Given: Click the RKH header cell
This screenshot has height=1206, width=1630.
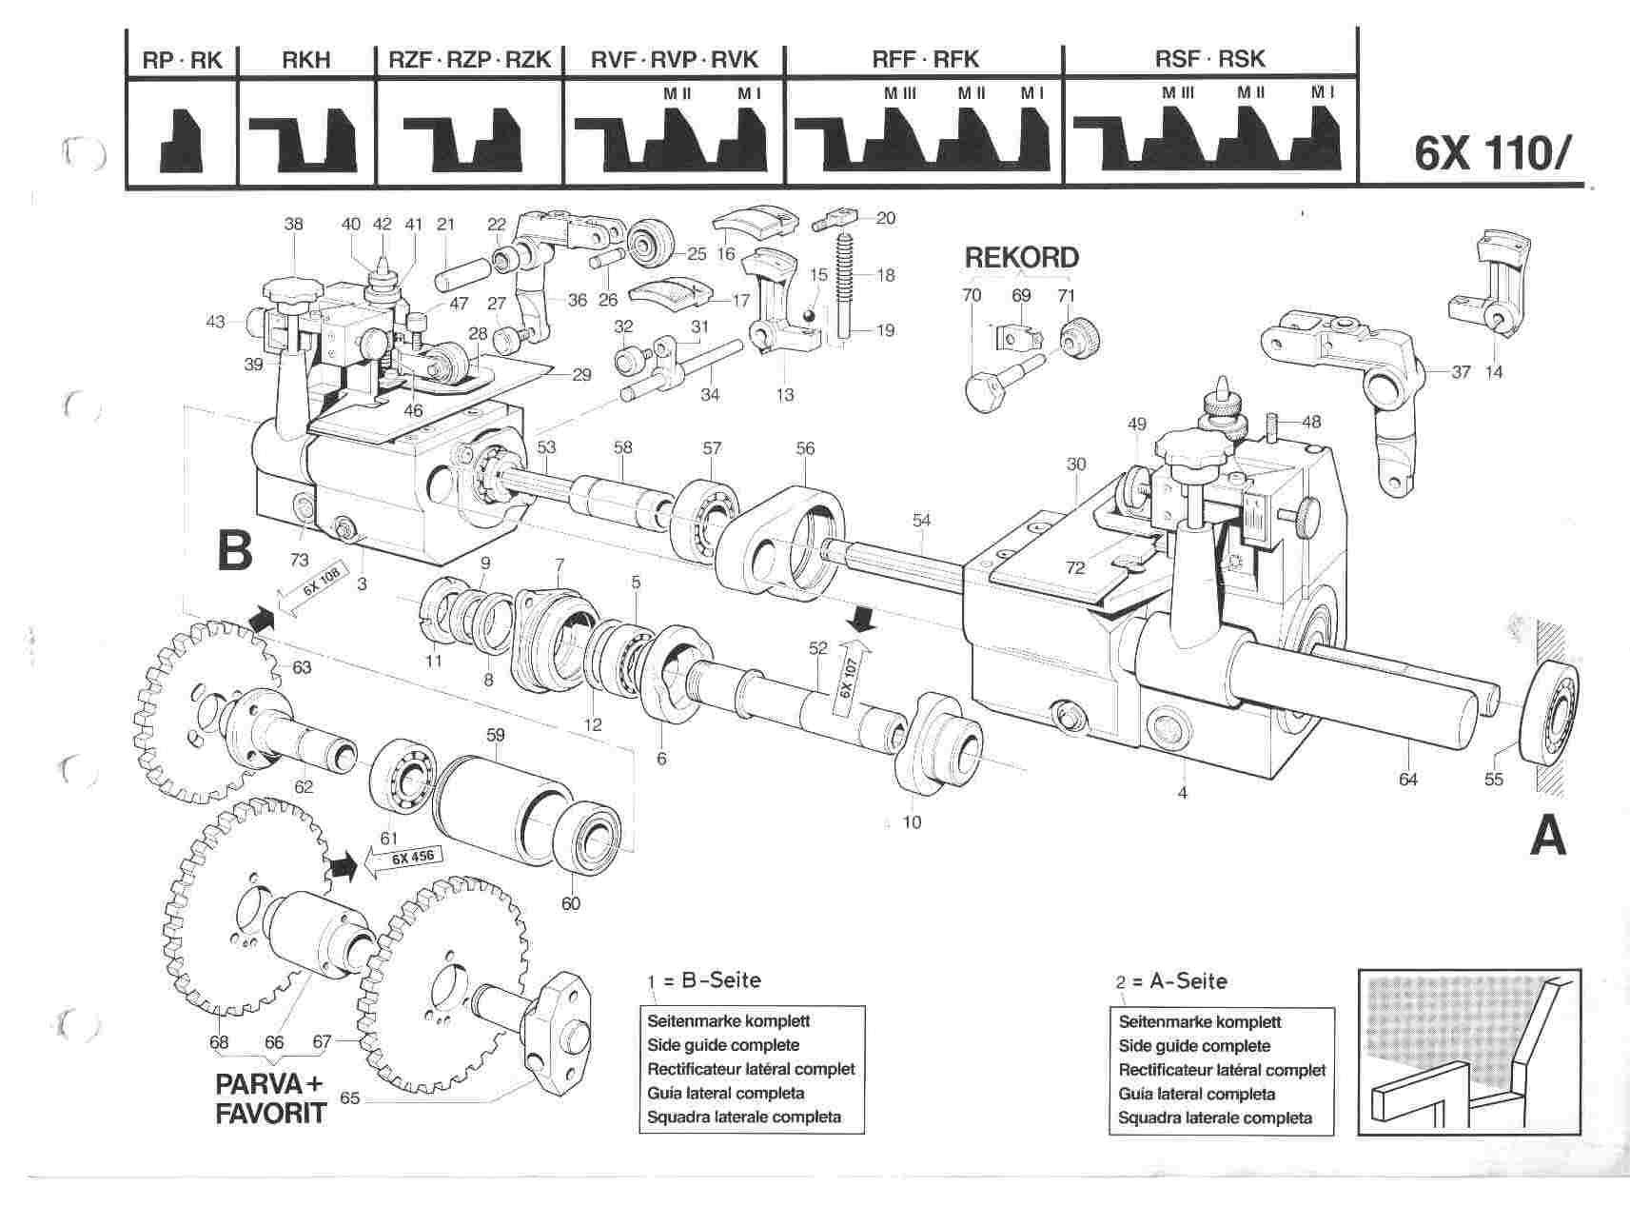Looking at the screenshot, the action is point(306,60).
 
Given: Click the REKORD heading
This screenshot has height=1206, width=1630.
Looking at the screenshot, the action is point(1022,258).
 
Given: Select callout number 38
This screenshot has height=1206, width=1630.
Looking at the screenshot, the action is point(293,225).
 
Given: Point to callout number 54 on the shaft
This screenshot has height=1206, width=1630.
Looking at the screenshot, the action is point(921,520).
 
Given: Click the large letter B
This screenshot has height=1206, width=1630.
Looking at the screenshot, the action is point(235,549).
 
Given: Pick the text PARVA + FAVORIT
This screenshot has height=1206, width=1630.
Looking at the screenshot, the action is point(271,1097).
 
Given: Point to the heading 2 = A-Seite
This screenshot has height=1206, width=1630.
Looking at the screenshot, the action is point(1171,981).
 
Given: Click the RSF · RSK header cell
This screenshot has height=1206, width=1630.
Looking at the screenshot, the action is point(1209,60).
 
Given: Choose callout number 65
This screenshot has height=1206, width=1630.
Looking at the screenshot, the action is point(349,1097).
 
